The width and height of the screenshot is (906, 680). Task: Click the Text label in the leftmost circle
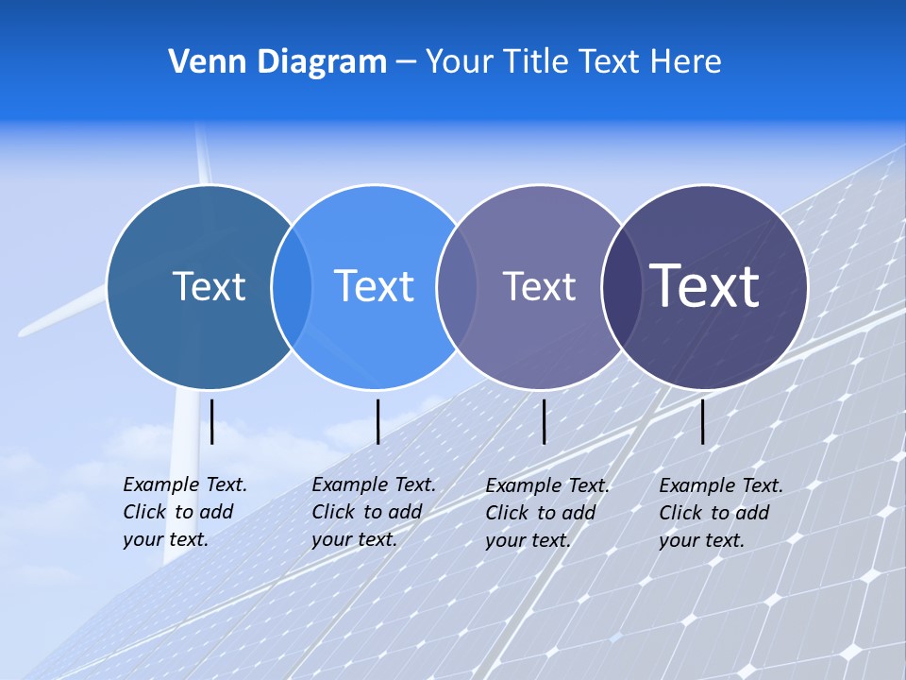coord(209,286)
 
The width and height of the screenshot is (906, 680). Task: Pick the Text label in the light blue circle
coord(374,286)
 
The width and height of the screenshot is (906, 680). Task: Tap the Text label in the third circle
coord(539,286)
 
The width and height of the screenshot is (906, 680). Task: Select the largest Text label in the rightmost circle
coord(704,285)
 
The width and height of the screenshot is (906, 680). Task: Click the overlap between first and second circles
coord(292,286)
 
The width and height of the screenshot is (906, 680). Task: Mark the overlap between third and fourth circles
coord(621,286)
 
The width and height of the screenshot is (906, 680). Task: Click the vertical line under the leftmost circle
coord(212,421)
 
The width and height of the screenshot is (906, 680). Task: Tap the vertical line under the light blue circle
coord(377,421)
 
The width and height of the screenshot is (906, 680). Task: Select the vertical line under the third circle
coord(544,421)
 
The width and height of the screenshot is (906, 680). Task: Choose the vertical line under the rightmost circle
coord(702,421)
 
